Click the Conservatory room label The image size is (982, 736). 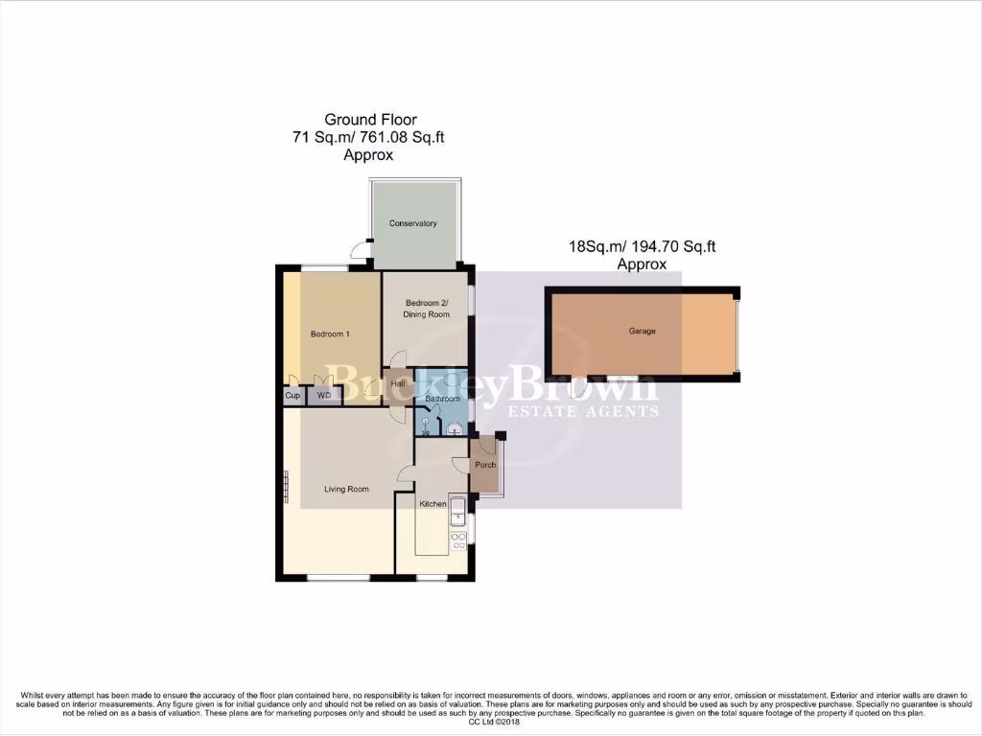click(413, 223)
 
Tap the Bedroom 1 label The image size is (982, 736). click(330, 334)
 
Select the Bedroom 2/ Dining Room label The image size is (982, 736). click(428, 309)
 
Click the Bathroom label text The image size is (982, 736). click(443, 398)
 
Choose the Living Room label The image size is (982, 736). click(346, 489)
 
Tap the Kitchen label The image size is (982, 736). click(433, 504)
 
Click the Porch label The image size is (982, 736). click(486, 466)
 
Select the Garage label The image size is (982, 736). click(643, 332)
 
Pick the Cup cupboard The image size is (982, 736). click(292, 395)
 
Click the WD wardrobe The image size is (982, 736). click(323, 395)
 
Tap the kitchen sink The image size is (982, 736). click(457, 508)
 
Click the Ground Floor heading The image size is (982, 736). click(370, 120)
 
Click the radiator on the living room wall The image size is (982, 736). click(286, 484)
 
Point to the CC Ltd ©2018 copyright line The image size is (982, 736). click(491, 722)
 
